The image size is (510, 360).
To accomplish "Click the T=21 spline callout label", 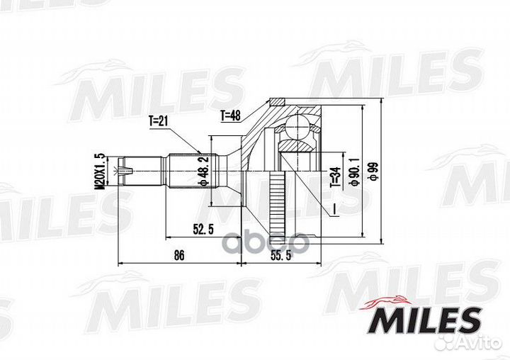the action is (158, 121).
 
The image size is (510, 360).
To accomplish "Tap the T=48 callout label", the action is (230, 116).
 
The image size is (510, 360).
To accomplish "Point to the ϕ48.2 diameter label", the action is (203, 171).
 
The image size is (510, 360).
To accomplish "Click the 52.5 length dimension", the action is (203, 230).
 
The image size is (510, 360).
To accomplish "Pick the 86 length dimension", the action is (179, 255).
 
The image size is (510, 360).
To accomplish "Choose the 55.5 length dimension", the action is (281, 256).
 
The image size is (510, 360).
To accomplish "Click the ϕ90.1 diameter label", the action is (354, 170).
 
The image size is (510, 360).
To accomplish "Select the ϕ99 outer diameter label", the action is (373, 170).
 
